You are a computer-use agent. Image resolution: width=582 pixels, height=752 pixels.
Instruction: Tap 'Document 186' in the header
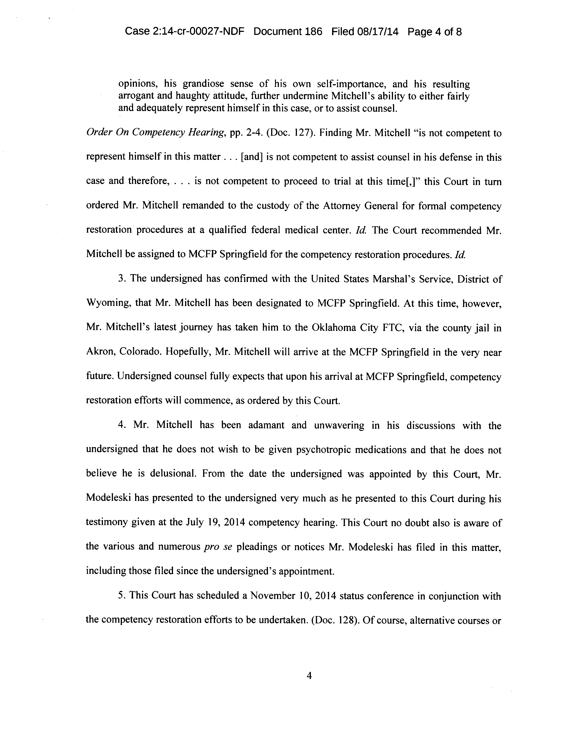tap(288, 32)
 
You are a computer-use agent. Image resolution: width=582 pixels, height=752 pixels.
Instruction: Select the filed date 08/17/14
tap(378, 32)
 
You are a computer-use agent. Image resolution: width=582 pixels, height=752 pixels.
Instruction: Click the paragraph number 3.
tap(121, 278)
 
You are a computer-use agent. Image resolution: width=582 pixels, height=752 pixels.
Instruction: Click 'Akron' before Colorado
tap(100, 352)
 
